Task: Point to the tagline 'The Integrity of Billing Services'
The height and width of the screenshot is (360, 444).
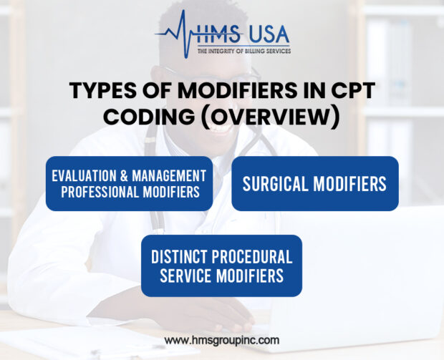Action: (x=243, y=51)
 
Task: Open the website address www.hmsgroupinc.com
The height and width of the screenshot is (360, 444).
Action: (x=222, y=341)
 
